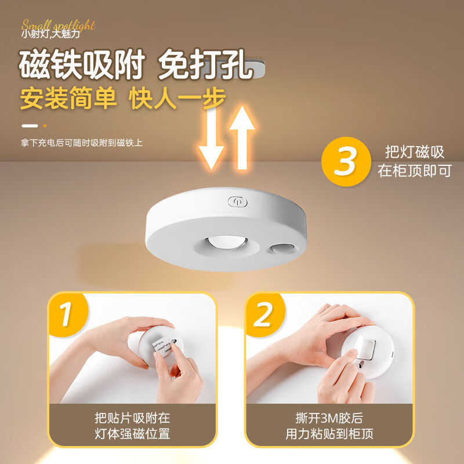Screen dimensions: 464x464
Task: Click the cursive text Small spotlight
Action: point(58,25)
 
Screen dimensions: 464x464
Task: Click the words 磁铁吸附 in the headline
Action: point(81,65)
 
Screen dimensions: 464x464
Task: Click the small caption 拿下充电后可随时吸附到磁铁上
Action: point(81,143)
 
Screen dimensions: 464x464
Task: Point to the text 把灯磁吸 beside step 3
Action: point(415,153)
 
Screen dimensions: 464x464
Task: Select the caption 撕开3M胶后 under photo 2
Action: point(329,418)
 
